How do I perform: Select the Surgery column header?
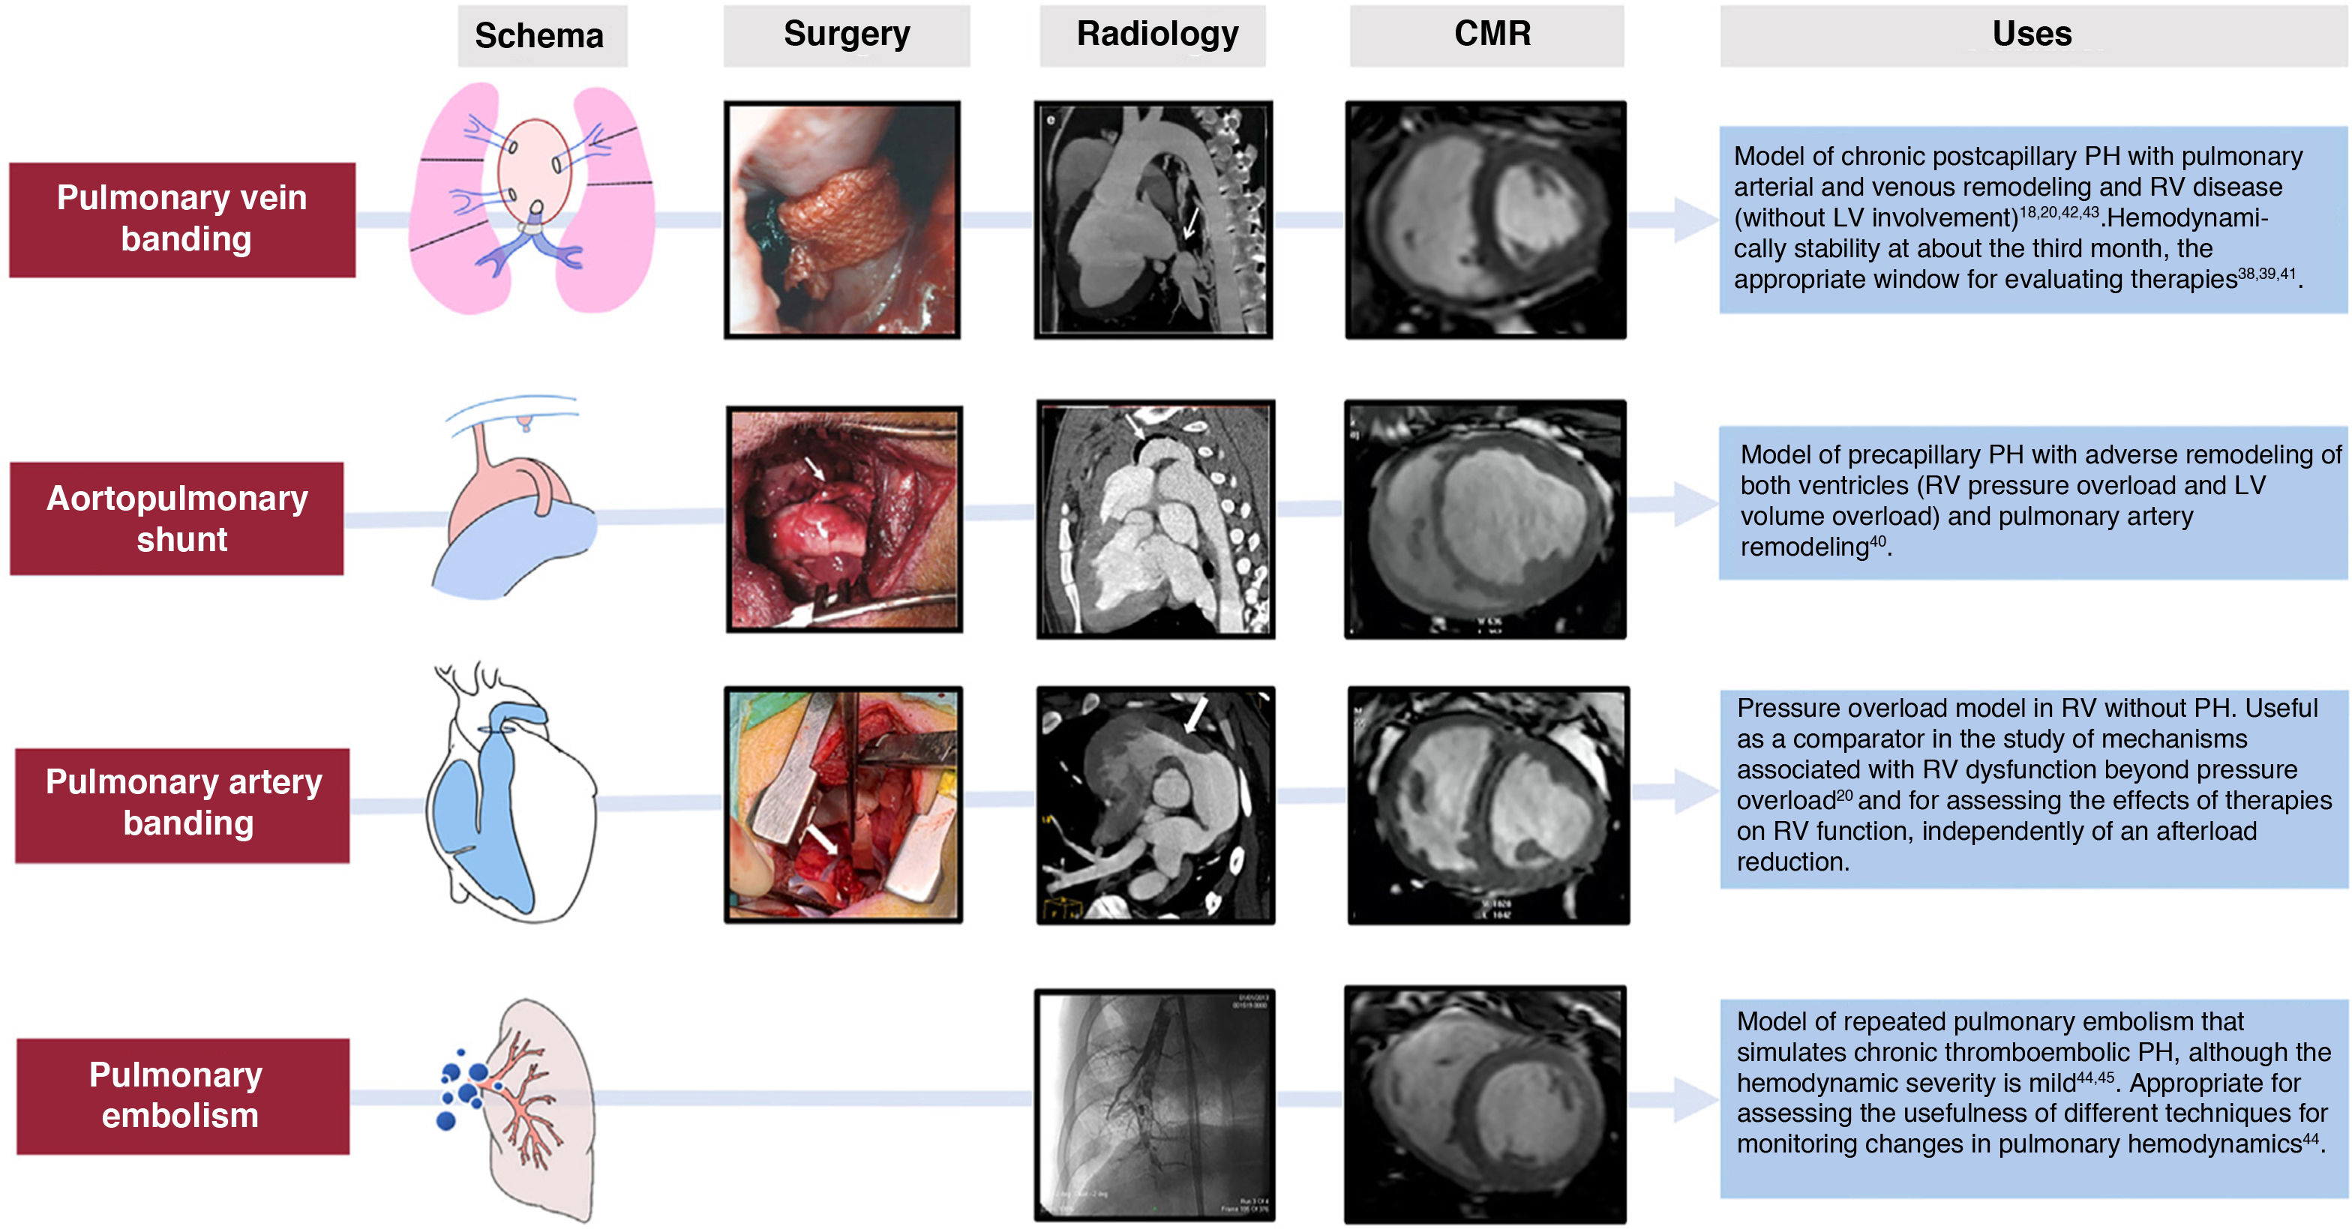(x=847, y=34)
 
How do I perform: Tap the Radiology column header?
(x=1156, y=34)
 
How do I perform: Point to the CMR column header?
(x=1492, y=34)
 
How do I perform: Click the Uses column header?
(x=2032, y=34)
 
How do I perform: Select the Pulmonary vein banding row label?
(x=181, y=219)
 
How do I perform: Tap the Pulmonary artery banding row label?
(x=182, y=804)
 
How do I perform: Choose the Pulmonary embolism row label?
(x=181, y=1095)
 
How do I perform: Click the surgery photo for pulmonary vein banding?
(x=841, y=220)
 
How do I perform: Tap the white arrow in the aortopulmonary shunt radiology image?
(x=1135, y=427)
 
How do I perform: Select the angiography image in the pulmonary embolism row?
(x=1154, y=1104)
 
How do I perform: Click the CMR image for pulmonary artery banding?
(x=1488, y=805)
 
